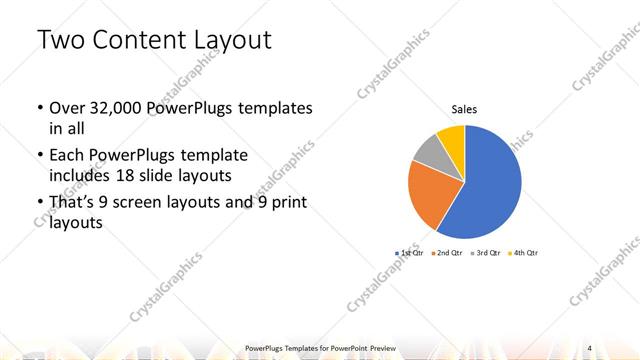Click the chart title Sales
[464, 109]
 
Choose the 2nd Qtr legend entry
[448, 253]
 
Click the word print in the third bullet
[286, 203]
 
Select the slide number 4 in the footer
[590, 346]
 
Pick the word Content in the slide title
[135, 41]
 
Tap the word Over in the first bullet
[66, 108]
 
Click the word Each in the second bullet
[66, 156]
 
